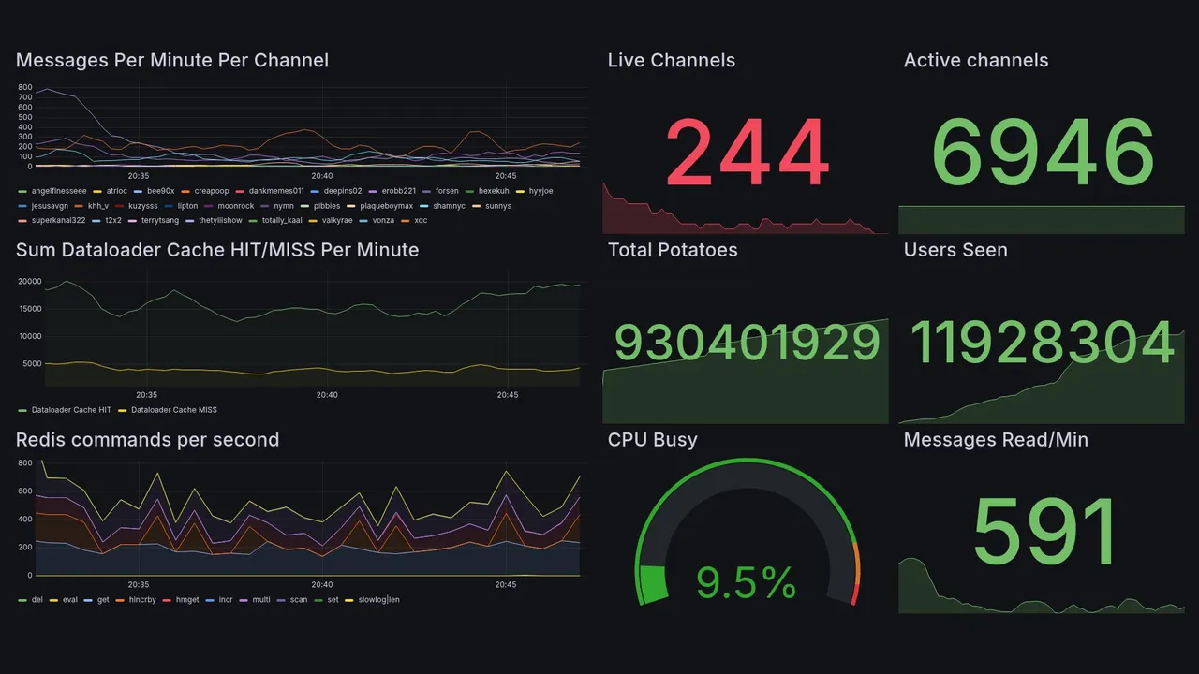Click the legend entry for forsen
(447, 191)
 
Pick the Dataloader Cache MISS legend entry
(173, 410)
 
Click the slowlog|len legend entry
(378, 600)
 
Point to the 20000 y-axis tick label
(29, 282)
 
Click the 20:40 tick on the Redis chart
(322, 584)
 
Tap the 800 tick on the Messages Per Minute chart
(24, 87)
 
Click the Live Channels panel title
(671, 61)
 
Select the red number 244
(747, 153)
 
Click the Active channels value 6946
(1043, 153)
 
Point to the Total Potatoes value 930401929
(747, 343)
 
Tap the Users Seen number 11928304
(1042, 343)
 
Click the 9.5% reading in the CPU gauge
(746, 584)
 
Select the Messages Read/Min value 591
(1044, 531)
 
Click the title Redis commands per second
(147, 440)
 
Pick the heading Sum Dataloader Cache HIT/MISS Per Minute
(217, 250)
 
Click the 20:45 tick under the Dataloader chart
(507, 395)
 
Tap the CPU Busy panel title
(652, 440)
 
